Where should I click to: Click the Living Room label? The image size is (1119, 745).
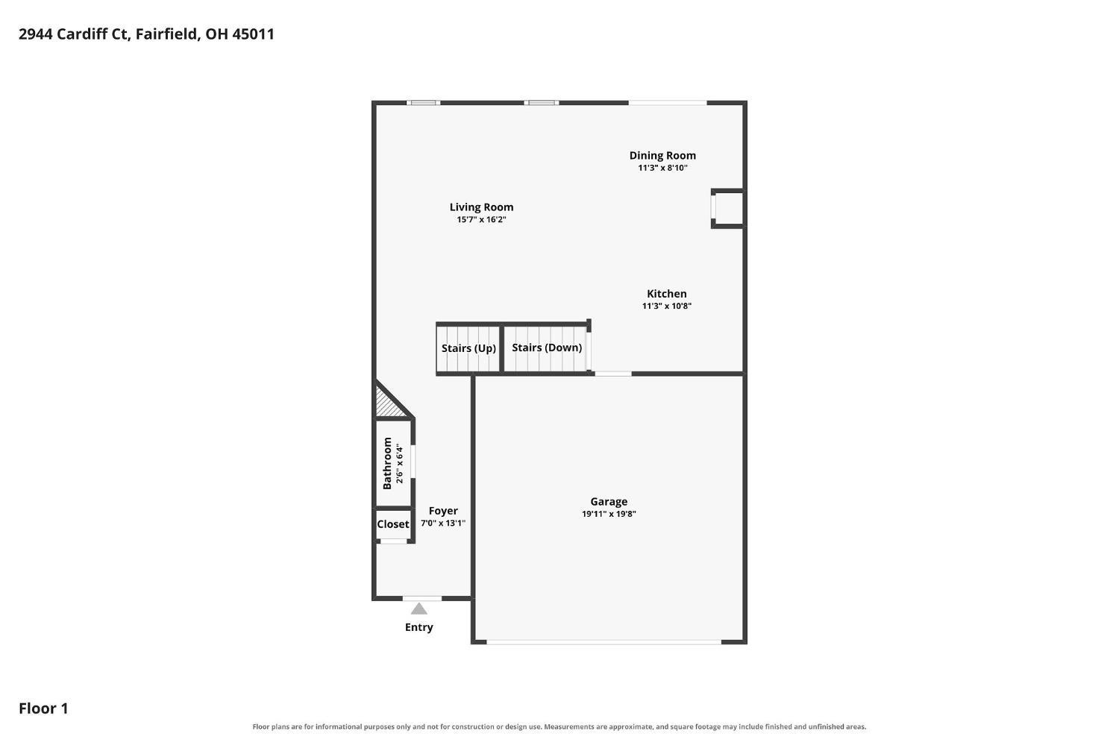[x=481, y=207]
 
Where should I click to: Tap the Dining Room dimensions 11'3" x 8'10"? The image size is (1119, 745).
[x=662, y=168]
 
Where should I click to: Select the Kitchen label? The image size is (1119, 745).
[x=666, y=294]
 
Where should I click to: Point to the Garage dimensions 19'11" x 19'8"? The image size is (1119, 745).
[x=609, y=514]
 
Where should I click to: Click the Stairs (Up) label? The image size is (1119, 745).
[x=468, y=348]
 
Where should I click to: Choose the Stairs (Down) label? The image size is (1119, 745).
[x=547, y=348]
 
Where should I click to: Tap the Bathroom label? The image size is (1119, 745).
[x=387, y=463]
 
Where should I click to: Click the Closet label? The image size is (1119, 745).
[x=392, y=524]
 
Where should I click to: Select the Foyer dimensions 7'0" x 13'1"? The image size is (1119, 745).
[x=442, y=524]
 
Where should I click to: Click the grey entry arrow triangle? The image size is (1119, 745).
[x=419, y=609]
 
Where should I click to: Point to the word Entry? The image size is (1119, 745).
[x=419, y=627]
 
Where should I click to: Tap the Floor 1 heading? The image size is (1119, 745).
[x=43, y=708]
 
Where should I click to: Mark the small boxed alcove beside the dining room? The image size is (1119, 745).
[x=728, y=209]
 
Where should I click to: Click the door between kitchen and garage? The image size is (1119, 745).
[x=613, y=374]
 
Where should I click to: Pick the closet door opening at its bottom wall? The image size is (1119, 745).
[x=394, y=541]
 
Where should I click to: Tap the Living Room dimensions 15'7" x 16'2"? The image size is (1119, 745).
[x=481, y=220]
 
